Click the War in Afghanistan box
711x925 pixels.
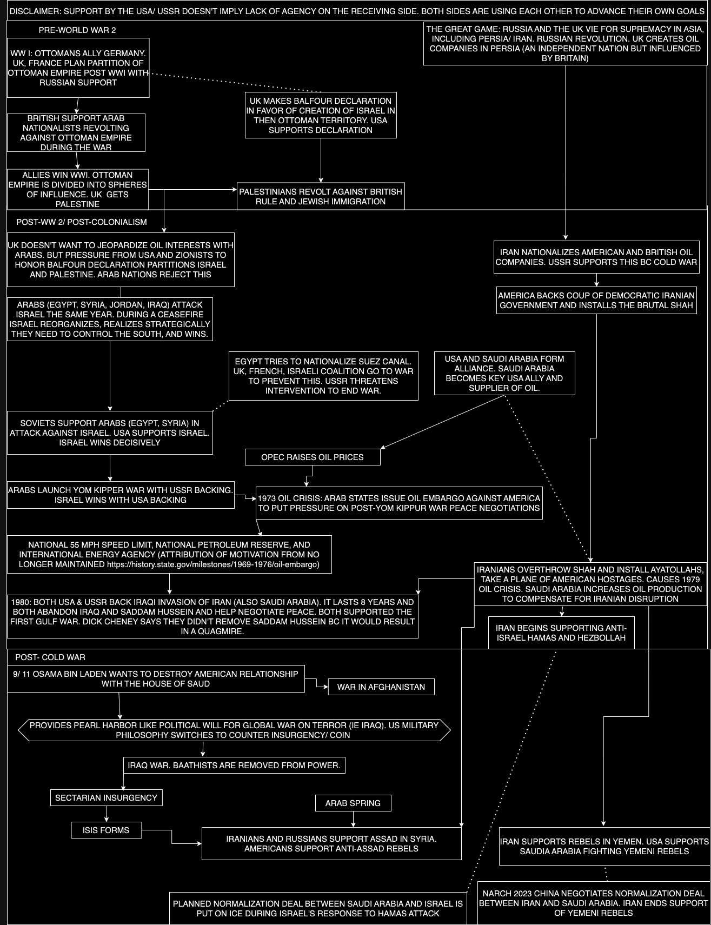coord(381,687)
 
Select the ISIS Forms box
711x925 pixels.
coord(106,830)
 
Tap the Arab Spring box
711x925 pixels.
coord(353,803)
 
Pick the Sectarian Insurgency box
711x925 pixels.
coord(106,797)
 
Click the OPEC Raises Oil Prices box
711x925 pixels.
coord(313,457)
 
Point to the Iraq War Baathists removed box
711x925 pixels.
coord(234,765)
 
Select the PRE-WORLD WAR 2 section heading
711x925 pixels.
coord(77,30)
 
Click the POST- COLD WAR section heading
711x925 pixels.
coord(50,657)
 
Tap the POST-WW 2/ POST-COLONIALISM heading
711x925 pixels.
coord(82,222)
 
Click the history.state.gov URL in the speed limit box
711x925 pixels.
coord(213,564)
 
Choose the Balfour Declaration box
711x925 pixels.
coord(321,115)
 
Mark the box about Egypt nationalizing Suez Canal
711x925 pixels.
coord(323,376)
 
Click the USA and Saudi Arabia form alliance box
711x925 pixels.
coord(504,373)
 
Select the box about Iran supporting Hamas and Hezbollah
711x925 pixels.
coord(561,633)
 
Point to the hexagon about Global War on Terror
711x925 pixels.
coord(234,730)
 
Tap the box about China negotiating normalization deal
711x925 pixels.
coord(594,903)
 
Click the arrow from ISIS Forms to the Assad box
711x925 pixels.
coord(172,837)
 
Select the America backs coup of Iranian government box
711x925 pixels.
coord(596,300)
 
